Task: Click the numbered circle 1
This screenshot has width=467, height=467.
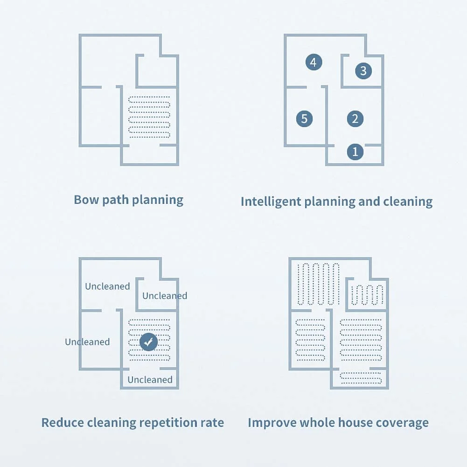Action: pyautogui.click(x=355, y=152)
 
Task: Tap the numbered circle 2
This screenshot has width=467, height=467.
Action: pyautogui.click(x=355, y=118)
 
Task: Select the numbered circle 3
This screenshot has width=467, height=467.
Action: pyautogui.click(x=363, y=71)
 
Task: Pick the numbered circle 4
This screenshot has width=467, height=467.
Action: pyautogui.click(x=314, y=62)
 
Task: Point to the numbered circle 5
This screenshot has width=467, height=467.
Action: pyautogui.click(x=304, y=118)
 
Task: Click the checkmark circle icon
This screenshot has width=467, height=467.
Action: pyautogui.click(x=148, y=342)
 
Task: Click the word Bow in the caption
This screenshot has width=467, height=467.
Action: pyautogui.click(x=84, y=200)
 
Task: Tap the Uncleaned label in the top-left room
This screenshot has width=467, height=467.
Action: pyautogui.click(x=107, y=286)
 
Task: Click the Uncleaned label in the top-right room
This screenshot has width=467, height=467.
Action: pyautogui.click(x=165, y=296)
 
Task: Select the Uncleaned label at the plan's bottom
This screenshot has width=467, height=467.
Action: pyautogui.click(x=150, y=380)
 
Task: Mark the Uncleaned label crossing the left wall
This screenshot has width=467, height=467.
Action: pyautogui.click(x=87, y=342)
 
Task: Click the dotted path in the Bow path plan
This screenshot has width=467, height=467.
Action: pyautogui.click(x=149, y=117)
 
